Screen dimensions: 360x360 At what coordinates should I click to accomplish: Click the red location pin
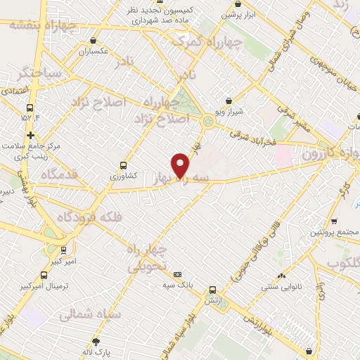coord(180,165)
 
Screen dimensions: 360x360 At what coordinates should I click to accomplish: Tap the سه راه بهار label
coord(184,180)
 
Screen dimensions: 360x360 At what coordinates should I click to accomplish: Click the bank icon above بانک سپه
coord(177,275)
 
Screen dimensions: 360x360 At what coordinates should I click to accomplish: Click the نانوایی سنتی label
coord(281,286)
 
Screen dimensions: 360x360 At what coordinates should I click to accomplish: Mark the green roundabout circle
coord(208,122)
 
